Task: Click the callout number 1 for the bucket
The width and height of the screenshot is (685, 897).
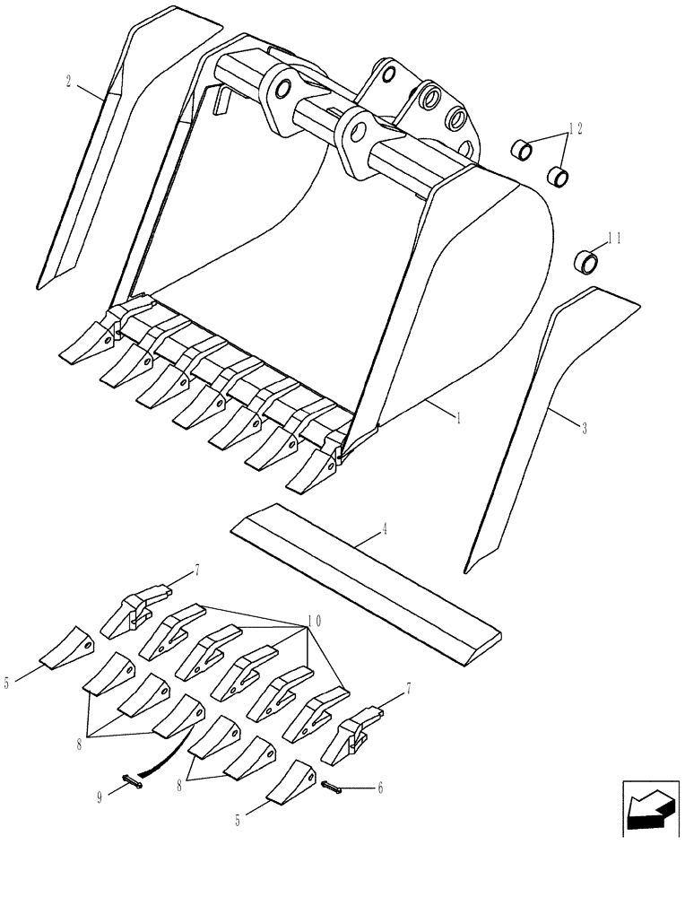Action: pos(458,418)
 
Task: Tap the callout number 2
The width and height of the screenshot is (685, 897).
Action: pos(69,82)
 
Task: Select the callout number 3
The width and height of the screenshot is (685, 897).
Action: pos(585,428)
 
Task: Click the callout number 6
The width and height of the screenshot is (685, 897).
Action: pos(380,788)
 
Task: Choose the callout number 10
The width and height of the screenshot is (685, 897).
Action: pos(313,621)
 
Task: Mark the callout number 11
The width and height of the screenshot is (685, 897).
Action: pos(613,239)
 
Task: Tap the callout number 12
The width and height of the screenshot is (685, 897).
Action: pos(575,129)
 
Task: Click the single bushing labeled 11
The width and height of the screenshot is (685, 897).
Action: pos(586,263)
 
